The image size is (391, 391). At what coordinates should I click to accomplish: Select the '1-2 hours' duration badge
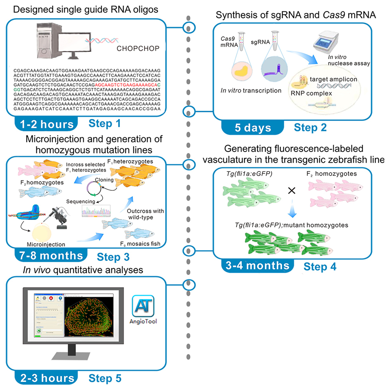pos(45,124)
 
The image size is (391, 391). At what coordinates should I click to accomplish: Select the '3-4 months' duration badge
pos(257,265)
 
